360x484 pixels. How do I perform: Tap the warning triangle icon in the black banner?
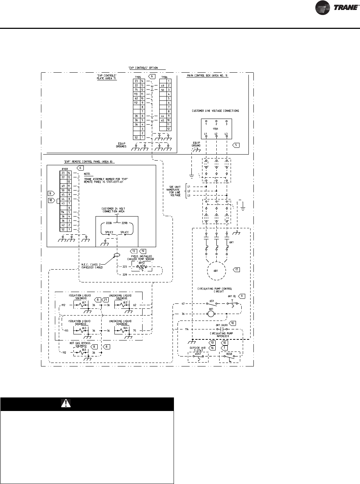[x=66, y=403]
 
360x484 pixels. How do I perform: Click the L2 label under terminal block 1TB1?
[x=216, y=134]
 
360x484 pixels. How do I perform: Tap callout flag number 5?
[x=236, y=145]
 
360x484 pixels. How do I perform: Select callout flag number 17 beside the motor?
[x=237, y=270]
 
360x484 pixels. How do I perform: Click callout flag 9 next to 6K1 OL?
[x=242, y=296]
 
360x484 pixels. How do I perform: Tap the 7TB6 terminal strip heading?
[x=164, y=76]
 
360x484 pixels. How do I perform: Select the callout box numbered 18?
[x=51, y=201]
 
